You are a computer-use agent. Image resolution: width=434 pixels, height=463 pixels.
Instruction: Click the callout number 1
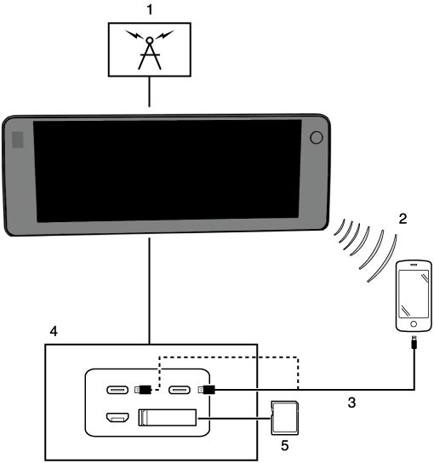coord(150,10)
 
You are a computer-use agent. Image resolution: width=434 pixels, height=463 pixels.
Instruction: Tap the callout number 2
coord(403,219)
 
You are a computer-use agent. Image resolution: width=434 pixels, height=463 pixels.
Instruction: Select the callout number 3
coord(351,403)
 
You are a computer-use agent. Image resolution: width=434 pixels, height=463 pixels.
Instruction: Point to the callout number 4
coord(54,331)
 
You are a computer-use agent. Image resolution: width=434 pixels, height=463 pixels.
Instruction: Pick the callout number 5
coord(284,445)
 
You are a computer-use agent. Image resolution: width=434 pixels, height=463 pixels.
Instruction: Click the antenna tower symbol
coord(150,49)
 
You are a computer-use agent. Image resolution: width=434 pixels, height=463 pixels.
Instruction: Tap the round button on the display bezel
coord(317,138)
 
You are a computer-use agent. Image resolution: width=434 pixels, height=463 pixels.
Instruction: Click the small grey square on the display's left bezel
coord(17,140)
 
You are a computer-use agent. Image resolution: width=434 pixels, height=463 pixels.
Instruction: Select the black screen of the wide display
coord(168,171)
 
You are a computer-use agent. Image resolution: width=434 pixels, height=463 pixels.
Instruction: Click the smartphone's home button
coord(414,324)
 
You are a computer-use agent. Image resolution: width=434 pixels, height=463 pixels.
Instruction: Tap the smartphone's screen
coord(414,294)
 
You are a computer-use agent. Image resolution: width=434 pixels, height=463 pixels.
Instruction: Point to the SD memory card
coord(284,418)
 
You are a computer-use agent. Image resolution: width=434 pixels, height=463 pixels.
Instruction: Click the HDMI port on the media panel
coord(117,418)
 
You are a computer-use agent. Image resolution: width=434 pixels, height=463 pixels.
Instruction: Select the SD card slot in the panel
coord(168,418)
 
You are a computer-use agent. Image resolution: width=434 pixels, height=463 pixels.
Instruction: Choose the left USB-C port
coord(117,390)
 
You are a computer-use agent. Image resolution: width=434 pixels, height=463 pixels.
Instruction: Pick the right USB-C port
coord(180,390)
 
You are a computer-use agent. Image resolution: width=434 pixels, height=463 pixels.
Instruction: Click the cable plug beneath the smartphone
coord(414,342)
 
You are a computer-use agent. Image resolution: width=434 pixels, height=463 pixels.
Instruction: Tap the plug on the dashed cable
coord(143,390)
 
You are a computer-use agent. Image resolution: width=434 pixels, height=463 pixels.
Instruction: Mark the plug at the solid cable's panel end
coord(207,390)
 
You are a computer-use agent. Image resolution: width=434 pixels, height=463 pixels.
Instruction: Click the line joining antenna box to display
coord(150,92)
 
